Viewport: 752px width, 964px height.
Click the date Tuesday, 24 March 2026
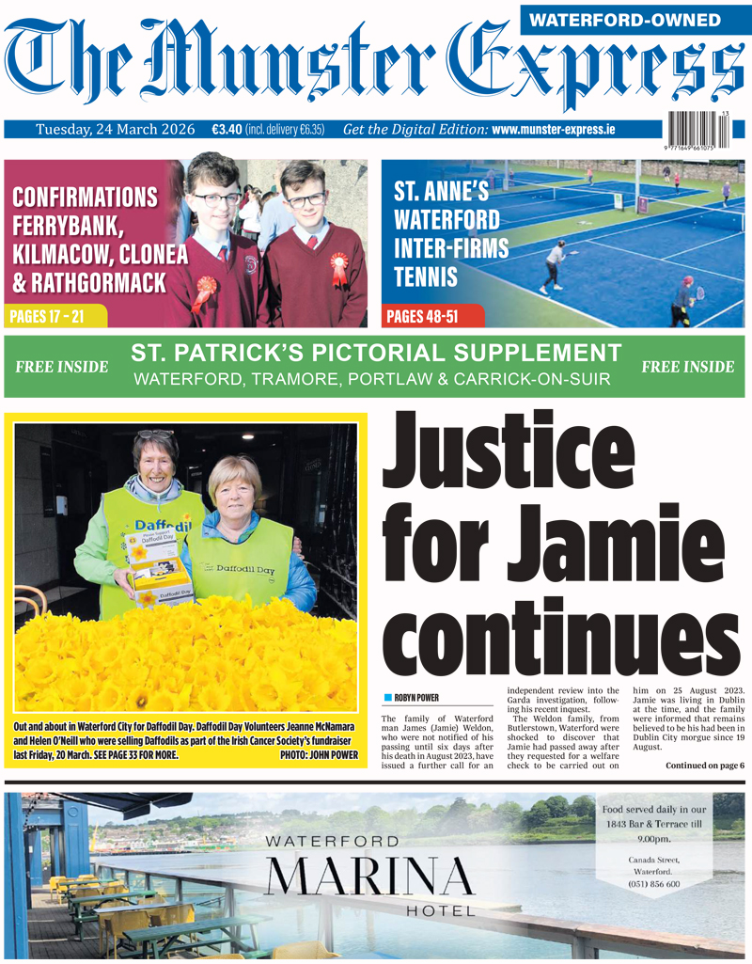[118, 129]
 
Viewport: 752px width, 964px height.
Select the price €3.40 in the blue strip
[226, 129]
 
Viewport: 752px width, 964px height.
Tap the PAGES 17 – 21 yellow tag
[46, 316]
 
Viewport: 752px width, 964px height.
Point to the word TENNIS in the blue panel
[426, 277]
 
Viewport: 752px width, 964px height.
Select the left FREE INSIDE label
[62, 367]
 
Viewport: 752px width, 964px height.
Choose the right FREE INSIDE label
[687, 367]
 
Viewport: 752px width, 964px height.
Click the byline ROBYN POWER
[417, 698]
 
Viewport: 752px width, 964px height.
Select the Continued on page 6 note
[704, 766]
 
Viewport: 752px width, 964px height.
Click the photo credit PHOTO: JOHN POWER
[319, 754]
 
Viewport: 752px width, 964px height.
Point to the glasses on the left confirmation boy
[216, 198]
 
